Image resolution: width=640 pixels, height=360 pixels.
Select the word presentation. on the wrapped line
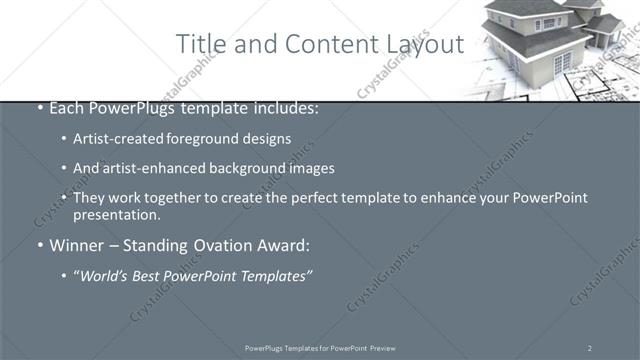116,215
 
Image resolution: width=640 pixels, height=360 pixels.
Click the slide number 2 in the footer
589,348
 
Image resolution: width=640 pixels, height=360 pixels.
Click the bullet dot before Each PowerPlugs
39,108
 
